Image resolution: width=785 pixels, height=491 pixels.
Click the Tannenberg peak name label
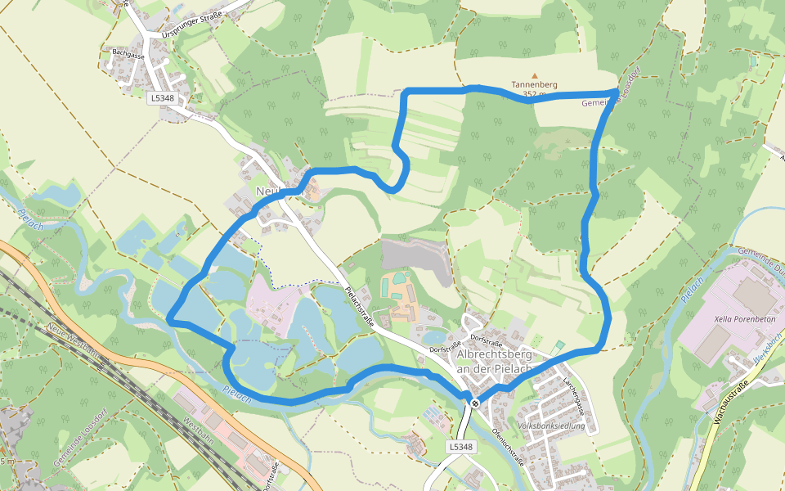[535, 84]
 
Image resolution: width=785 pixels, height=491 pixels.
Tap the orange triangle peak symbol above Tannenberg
[535, 76]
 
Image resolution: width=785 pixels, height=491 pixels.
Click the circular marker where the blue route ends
[474, 403]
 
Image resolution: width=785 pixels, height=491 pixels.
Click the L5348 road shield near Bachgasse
[163, 97]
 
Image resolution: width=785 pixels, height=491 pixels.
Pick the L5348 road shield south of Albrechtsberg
[461, 447]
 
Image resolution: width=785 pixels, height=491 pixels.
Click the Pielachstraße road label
[359, 307]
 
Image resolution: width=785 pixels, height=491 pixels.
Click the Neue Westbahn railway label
[72, 341]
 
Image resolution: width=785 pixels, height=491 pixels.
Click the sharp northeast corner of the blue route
[616, 90]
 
